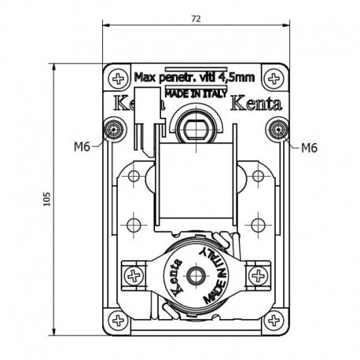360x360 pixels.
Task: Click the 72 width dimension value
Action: (x=196, y=19)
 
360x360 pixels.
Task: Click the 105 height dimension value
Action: (x=46, y=199)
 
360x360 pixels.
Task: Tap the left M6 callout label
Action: (x=82, y=147)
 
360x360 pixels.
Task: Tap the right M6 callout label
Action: (x=309, y=148)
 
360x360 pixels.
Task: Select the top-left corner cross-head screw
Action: (x=119, y=79)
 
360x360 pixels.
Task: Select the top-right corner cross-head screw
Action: (x=274, y=79)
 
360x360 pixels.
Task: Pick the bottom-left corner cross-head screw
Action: (x=118, y=320)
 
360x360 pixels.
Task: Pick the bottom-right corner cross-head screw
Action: (x=274, y=320)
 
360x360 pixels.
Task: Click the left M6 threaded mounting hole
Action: (x=114, y=129)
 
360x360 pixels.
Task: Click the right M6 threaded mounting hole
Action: (x=278, y=129)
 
